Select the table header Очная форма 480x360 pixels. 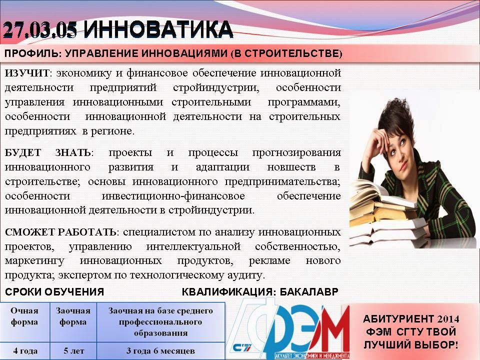pyautogui.click(x=24, y=316)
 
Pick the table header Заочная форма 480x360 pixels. pyautogui.click(x=73, y=316)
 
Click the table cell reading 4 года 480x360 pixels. pyautogui.click(x=24, y=350)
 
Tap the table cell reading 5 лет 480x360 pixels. pyautogui.click(x=73, y=350)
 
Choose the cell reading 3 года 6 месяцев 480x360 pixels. pyautogui.click(x=160, y=350)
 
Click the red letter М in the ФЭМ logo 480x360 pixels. pyautogui.click(x=333, y=330)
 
